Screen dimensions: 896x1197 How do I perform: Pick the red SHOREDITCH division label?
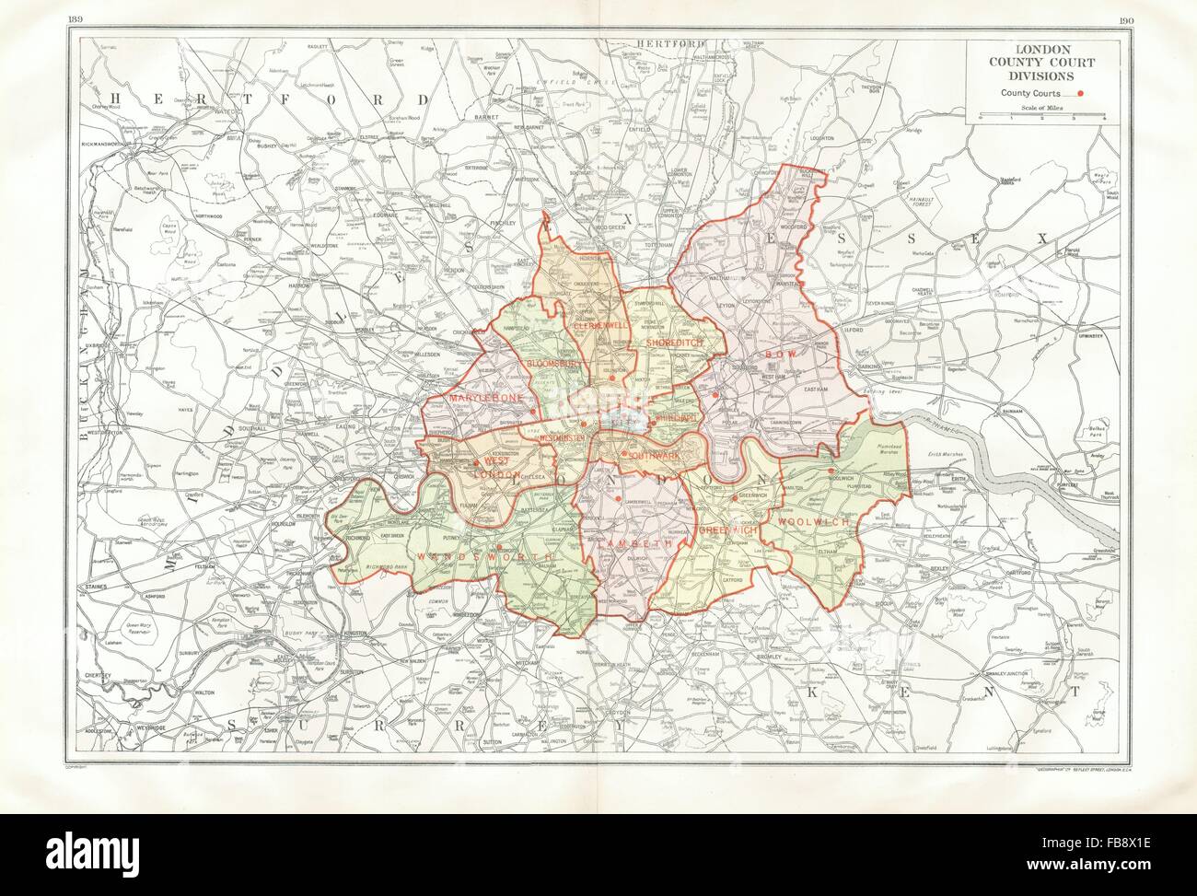[674, 343]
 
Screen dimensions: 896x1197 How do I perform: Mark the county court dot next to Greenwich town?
[734, 497]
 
